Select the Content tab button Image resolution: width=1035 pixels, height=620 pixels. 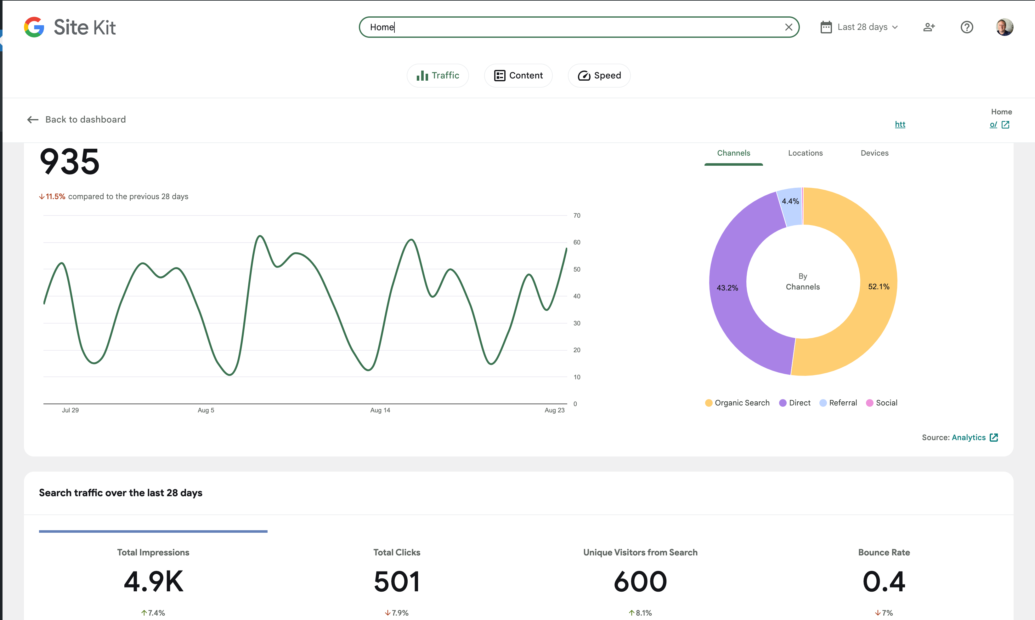tap(518, 76)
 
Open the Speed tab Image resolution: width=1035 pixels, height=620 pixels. tap(599, 76)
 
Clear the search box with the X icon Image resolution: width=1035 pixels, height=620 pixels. tap(788, 27)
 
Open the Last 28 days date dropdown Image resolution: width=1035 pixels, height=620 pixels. tap(859, 27)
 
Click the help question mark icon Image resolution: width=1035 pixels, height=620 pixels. tap(967, 27)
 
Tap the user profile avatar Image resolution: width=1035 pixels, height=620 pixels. tap(1004, 27)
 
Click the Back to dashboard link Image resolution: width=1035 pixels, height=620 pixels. tap(77, 119)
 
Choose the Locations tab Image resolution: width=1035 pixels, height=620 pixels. tap(805, 153)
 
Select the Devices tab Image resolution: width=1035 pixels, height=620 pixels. tap(874, 153)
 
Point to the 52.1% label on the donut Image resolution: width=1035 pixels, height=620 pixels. tap(879, 287)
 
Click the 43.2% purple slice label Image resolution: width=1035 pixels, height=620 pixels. tap(727, 288)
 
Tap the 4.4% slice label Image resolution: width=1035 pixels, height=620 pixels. tap(790, 201)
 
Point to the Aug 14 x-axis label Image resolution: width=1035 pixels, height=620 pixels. tap(380, 410)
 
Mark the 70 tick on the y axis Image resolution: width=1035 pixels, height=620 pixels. tap(577, 215)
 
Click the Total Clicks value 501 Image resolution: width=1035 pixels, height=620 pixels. tap(397, 581)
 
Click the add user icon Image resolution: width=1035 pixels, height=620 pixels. tap(929, 27)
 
